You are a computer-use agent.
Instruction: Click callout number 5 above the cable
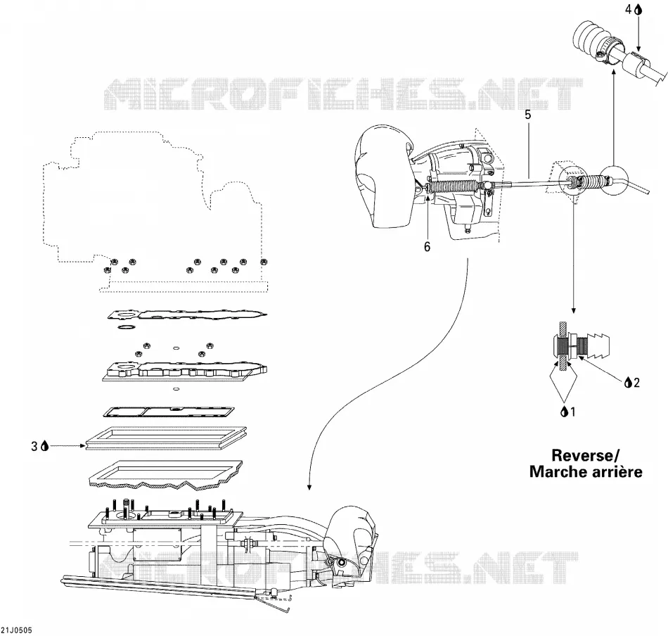click(528, 115)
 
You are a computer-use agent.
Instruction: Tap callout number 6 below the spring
click(427, 246)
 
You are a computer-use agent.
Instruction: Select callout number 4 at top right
click(629, 9)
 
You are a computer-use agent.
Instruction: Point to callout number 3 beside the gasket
click(34, 446)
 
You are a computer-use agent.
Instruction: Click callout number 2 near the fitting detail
click(636, 382)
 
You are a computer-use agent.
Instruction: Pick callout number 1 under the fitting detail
click(572, 412)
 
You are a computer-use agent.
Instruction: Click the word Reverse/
click(585, 454)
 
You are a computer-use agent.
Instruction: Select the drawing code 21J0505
click(17, 630)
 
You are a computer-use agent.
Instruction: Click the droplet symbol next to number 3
click(45, 446)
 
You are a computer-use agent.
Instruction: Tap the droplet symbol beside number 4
click(638, 9)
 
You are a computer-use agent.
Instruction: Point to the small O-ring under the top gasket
click(125, 327)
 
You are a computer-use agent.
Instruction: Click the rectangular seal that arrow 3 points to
click(166, 438)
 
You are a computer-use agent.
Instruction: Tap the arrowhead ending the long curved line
click(309, 487)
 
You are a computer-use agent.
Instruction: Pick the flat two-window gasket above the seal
click(169, 412)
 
